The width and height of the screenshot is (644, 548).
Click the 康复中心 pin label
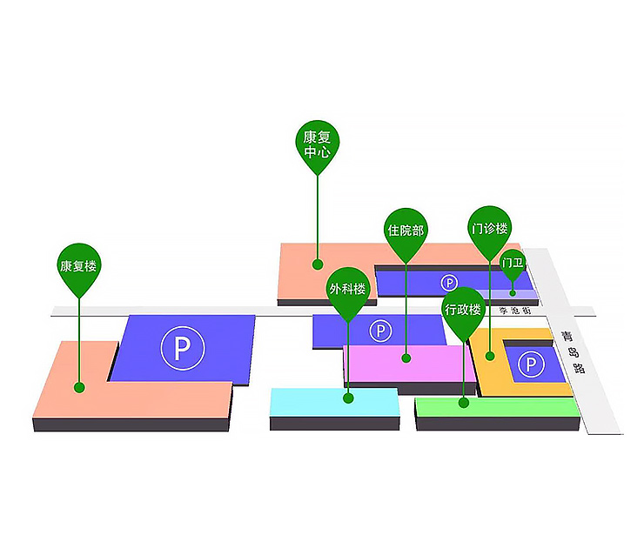pos(316,144)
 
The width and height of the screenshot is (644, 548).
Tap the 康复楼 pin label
pos(78,264)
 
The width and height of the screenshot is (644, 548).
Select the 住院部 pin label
pos(406,231)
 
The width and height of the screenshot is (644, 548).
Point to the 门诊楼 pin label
pos(489,230)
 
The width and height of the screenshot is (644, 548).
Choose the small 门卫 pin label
pos(513,263)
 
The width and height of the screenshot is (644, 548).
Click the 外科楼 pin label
pos(347,289)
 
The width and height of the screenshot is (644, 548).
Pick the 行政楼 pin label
pos(462,309)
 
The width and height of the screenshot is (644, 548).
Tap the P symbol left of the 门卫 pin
pos(449,283)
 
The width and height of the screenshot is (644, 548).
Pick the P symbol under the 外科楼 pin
pos(380,331)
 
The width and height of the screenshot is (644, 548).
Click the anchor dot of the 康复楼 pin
pos(79,387)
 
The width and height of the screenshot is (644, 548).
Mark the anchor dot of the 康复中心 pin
pos(318,263)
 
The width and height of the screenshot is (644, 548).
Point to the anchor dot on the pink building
pos(406,358)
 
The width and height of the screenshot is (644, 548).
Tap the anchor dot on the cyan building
pos(348,398)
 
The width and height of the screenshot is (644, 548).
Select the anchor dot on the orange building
pos(490,355)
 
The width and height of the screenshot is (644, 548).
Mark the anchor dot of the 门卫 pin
pos(513,292)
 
